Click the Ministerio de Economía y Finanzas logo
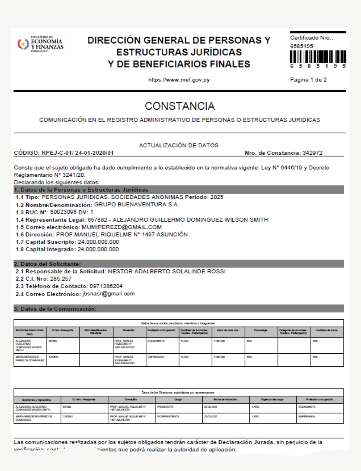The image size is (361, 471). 40,44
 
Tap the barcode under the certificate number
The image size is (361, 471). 318,57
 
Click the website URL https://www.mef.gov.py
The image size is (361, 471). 179,80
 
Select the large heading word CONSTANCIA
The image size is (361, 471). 180,106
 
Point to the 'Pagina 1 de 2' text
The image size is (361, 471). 308,80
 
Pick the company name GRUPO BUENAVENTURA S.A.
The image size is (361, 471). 137,205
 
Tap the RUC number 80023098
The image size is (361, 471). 63,212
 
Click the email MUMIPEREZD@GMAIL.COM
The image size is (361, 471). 122,227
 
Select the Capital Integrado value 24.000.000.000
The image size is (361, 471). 98,249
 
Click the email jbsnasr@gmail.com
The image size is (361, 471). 108,294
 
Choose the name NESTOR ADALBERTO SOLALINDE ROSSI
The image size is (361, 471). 167,271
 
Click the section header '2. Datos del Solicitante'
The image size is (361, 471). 47,264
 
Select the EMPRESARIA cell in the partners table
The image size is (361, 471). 156,357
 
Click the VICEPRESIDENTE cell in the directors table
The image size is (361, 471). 168,416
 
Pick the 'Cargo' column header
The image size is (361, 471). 178,400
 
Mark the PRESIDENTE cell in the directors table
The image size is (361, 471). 165,407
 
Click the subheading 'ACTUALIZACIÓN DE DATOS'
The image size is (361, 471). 179,145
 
